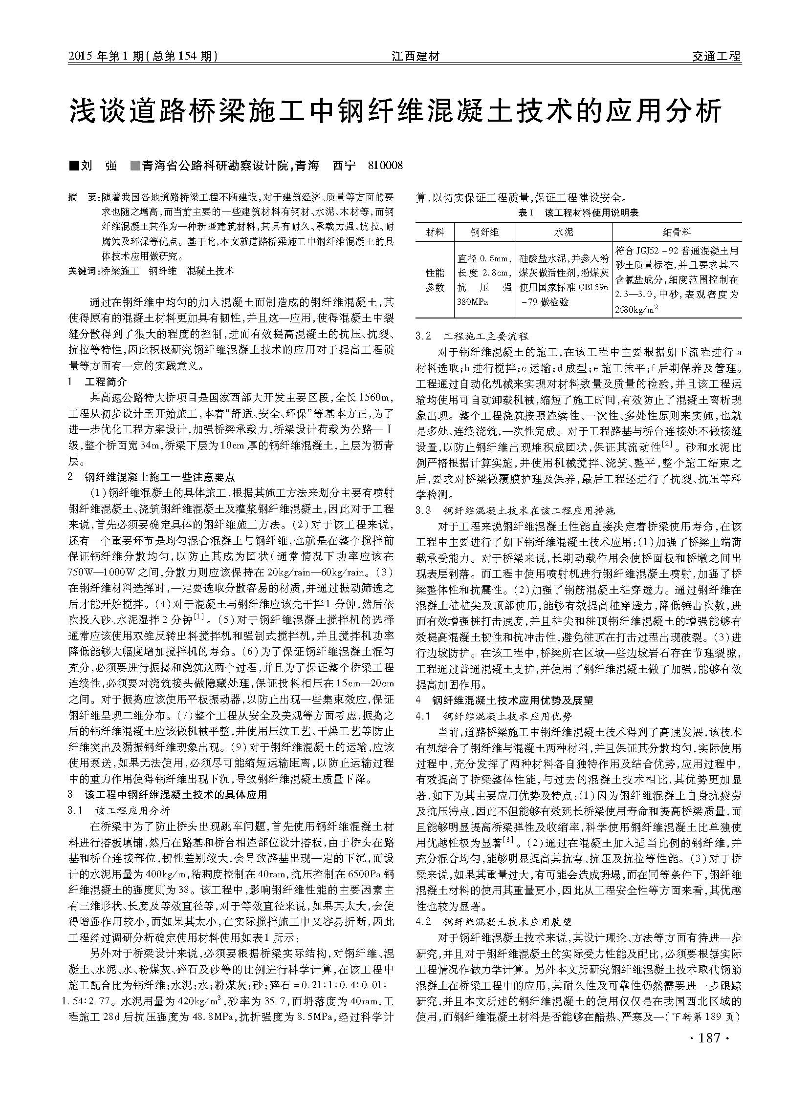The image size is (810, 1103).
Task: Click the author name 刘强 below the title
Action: (99, 166)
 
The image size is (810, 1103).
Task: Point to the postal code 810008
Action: (385, 166)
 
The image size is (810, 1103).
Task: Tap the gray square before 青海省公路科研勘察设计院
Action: (135, 166)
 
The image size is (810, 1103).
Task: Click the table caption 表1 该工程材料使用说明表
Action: (578, 212)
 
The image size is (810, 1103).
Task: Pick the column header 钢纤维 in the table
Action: (484, 232)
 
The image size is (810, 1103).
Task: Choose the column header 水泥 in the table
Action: (563, 232)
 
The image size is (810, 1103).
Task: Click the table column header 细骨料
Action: (677, 232)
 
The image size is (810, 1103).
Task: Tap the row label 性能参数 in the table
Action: (435, 279)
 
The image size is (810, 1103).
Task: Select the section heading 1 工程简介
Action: (98, 382)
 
